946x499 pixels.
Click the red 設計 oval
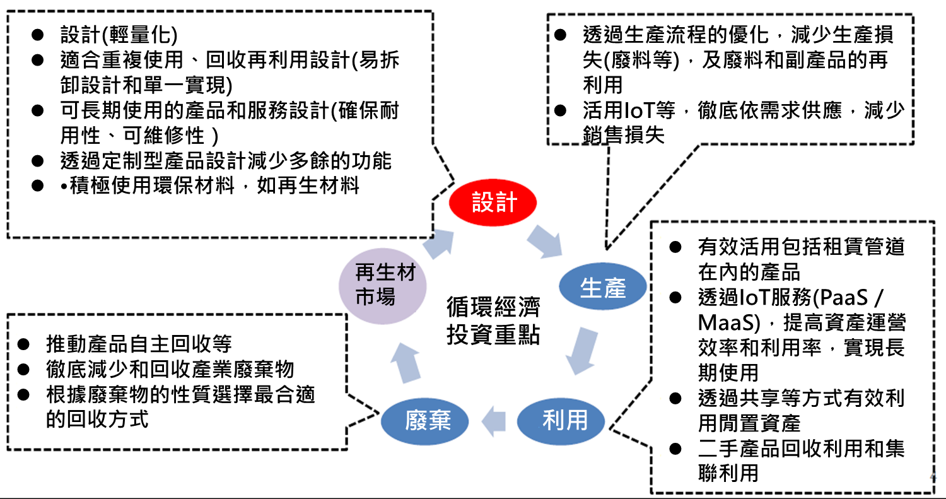tap(493, 203)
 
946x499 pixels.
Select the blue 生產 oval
tap(602, 288)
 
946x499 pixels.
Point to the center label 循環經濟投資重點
tap(493, 321)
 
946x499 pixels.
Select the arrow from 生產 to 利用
tap(582, 350)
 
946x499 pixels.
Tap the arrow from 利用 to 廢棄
tap(494, 420)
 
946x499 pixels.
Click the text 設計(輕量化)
tap(119, 33)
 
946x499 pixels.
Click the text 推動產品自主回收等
tap(139, 344)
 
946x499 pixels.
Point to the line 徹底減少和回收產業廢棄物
tap(170, 369)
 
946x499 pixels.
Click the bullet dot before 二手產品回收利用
tap(675, 449)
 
